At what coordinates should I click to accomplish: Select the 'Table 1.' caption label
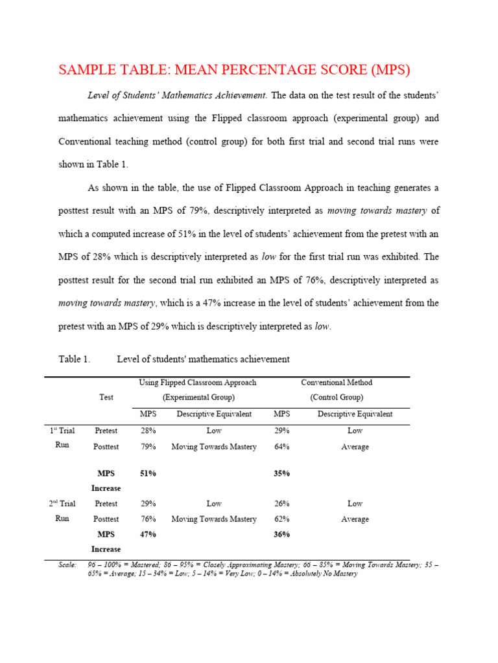coord(74,359)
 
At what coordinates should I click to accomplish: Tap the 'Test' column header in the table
coord(106,397)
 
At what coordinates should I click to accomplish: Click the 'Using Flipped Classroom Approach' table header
coord(198,383)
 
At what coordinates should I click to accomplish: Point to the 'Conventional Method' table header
coord(337,383)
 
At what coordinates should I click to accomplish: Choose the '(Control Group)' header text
coord(337,397)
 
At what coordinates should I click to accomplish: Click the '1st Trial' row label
coord(63,431)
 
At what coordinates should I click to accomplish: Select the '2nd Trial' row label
coord(63,503)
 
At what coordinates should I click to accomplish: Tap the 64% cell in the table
coord(281,447)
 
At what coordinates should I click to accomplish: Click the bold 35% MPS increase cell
coord(281,473)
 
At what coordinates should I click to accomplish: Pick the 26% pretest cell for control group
coord(281,503)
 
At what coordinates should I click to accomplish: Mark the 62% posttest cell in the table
coord(281,519)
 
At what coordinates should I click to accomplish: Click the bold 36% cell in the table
coord(281,534)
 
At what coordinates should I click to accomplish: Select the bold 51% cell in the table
coord(148,473)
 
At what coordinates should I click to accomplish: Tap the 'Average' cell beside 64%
coord(355,447)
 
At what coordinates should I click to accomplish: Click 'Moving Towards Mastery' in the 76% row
coord(214,519)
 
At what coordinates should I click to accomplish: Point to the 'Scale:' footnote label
coord(67,565)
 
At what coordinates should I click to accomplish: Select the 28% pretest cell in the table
coord(148,431)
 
